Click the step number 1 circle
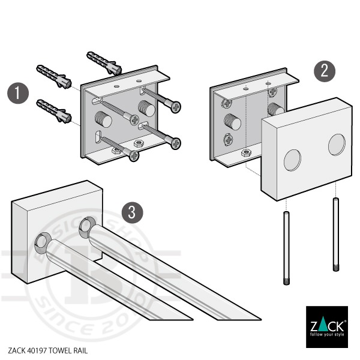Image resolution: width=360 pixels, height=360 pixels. (19, 94)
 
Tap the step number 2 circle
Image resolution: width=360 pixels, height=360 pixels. (325, 71)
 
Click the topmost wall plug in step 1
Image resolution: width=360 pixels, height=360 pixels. (104, 59)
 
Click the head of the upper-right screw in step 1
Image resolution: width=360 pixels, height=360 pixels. (176, 107)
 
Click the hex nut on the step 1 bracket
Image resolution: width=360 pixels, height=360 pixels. (137, 144)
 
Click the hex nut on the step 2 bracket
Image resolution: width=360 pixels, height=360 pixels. (245, 154)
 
